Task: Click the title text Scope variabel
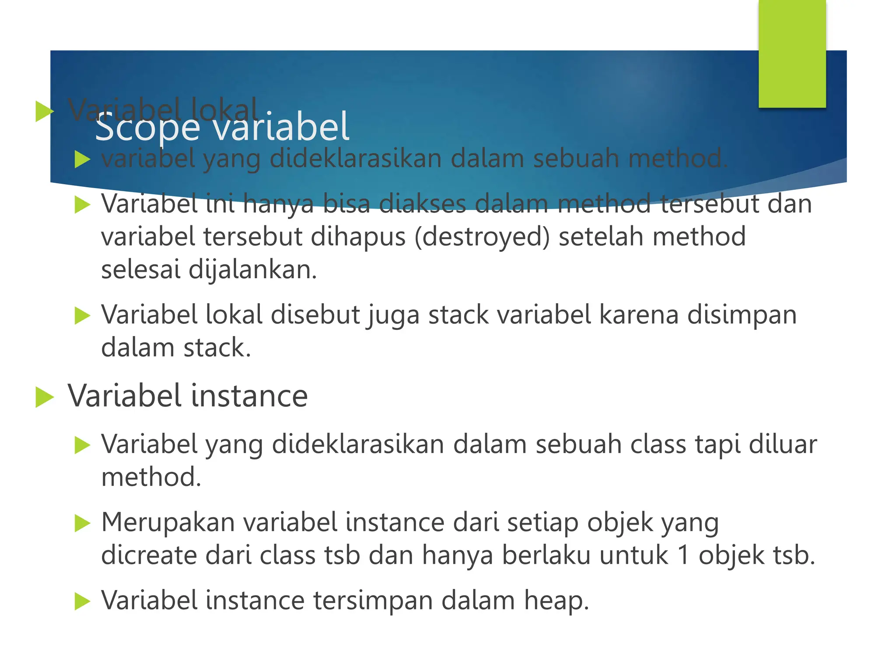(222, 127)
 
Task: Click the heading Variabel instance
(188, 395)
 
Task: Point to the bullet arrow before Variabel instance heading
(44, 397)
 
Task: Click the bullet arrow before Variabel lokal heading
(44, 111)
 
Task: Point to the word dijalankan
(252, 270)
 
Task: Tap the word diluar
(783, 444)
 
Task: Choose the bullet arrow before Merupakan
(82, 523)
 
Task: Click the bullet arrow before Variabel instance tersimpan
(82, 601)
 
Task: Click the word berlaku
(546, 555)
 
